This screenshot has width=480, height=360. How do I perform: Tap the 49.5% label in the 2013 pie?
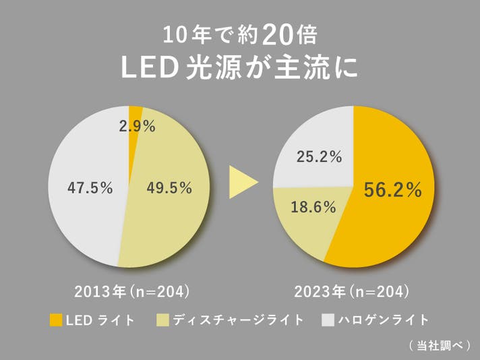point(169,188)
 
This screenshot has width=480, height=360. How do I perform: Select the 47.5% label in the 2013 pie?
point(90,188)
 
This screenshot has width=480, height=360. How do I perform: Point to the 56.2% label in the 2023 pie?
point(393,191)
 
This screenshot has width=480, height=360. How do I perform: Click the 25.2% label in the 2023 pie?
point(320,158)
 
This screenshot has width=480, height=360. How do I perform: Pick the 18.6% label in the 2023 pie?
point(313,208)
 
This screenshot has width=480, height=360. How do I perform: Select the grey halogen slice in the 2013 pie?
point(81,216)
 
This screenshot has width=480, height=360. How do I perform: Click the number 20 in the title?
point(277,32)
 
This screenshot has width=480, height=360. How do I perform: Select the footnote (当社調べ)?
point(439,345)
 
